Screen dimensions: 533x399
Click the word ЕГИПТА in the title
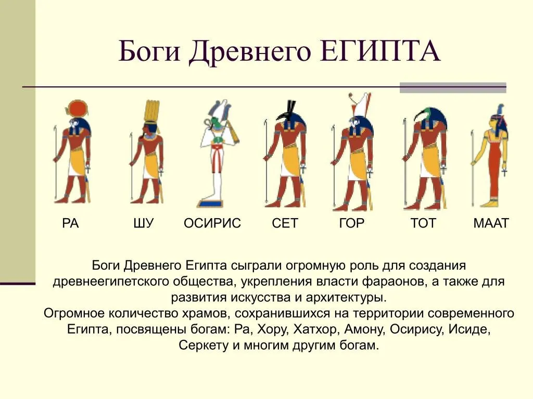click(x=380, y=51)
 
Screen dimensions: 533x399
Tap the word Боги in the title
click(x=149, y=51)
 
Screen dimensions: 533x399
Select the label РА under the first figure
click(x=70, y=223)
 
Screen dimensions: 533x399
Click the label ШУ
click(x=144, y=223)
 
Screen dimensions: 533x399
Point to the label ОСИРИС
click(x=212, y=223)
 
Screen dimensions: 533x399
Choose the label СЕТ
click(x=285, y=223)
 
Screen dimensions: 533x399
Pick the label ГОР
click(x=352, y=223)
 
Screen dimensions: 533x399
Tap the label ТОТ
click(x=423, y=223)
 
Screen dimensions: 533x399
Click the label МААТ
click(x=491, y=223)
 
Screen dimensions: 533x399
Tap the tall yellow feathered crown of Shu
click(x=151, y=111)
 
